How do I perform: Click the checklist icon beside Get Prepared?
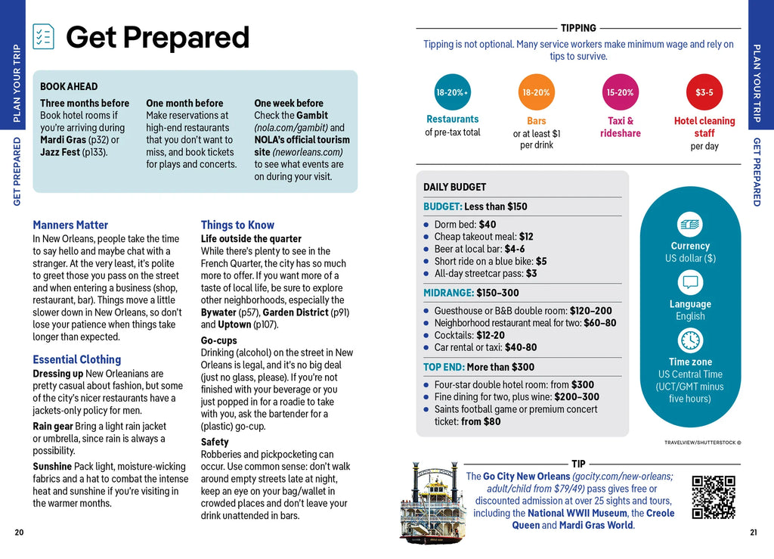[x=44, y=36]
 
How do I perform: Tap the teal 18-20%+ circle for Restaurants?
[x=453, y=92]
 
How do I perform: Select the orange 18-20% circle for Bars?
[x=536, y=92]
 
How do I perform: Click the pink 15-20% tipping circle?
[x=620, y=92]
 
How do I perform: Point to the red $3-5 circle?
[x=704, y=92]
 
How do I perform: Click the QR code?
[x=714, y=497]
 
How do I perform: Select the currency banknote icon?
[x=690, y=225]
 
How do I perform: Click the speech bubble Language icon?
[x=690, y=283]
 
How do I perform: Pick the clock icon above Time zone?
[x=690, y=341]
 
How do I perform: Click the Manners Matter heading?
[x=70, y=225]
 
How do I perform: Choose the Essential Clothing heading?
[x=76, y=359]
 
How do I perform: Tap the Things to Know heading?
[x=237, y=225]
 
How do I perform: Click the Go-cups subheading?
[x=218, y=340]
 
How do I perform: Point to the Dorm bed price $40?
[x=488, y=225]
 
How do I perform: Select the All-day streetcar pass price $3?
[x=531, y=273]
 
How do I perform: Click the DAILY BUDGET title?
[x=454, y=187]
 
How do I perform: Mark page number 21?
[x=754, y=533]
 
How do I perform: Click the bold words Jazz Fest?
[x=61, y=152]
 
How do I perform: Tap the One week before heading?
[x=289, y=104]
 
